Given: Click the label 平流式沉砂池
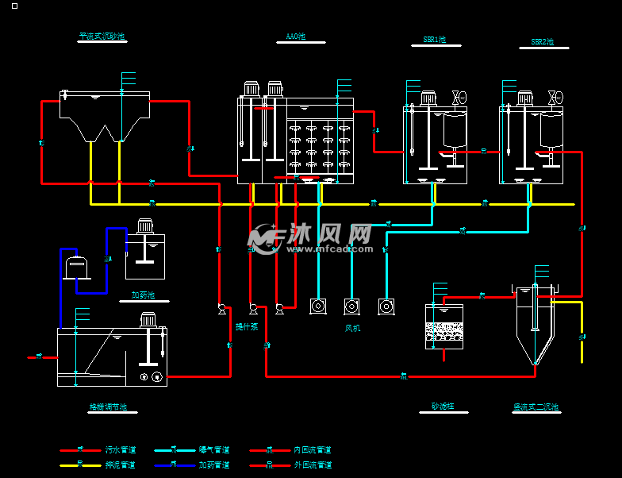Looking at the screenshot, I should (102, 36).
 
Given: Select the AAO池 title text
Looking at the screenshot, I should (295, 37).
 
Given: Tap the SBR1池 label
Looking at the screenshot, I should (434, 40).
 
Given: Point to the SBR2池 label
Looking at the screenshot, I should (542, 41).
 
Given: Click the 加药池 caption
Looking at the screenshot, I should (143, 295).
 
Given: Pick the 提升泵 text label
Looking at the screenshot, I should (246, 326).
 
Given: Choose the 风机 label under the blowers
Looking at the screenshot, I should (352, 327).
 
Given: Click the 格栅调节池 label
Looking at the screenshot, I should (108, 407).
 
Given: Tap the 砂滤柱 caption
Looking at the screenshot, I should (442, 406).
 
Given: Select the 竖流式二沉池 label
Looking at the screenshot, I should (536, 407).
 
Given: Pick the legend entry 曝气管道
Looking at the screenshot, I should (213, 450).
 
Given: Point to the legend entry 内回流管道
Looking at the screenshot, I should (312, 450).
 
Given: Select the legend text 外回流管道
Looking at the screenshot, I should (312, 465).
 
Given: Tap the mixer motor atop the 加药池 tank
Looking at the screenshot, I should (145, 226).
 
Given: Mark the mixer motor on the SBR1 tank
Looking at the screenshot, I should (429, 98).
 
